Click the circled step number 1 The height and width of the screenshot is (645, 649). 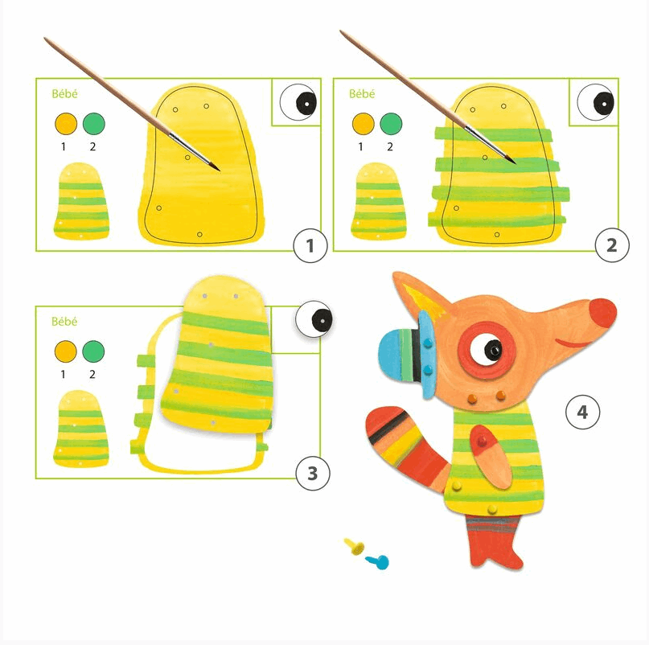(x=310, y=245)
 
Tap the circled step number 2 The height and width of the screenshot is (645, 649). (x=612, y=245)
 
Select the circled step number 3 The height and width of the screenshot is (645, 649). (x=313, y=473)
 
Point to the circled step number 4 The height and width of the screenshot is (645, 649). (x=582, y=412)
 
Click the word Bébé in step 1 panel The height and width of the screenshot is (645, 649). (x=64, y=94)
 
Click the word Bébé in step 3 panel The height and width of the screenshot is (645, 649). (x=64, y=321)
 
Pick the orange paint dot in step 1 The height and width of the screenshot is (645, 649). (x=66, y=124)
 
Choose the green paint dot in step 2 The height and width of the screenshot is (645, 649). (x=391, y=124)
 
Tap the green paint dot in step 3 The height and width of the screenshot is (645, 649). (x=93, y=351)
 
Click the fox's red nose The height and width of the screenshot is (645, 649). (x=602, y=313)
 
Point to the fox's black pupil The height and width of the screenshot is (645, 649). (x=493, y=349)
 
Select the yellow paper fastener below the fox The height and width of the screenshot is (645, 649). (x=355, y=546)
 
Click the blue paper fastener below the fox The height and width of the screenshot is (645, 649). (x=377, y=562)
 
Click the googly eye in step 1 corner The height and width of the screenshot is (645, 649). (x=298, y=102)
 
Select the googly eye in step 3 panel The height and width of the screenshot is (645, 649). (x=314, y=319)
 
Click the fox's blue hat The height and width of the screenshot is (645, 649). (x=405, y=352)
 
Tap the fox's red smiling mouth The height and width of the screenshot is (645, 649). (x=575, y=343)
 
